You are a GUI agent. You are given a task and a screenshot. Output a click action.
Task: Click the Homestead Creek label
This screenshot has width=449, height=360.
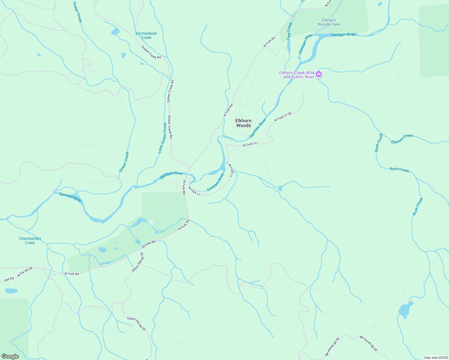(x=146, y=35)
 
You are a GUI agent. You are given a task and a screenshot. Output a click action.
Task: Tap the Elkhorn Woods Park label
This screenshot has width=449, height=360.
(x=329, y=22)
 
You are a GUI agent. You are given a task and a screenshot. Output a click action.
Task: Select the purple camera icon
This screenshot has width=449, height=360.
(x=319, y=74)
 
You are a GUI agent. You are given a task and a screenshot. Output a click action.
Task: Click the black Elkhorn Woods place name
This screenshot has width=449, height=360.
(x=243, y=123)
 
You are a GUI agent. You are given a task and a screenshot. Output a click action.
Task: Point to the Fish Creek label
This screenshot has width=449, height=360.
(x=289, y=31)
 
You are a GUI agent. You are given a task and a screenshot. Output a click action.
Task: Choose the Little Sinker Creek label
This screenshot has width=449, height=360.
(x=162, y=138)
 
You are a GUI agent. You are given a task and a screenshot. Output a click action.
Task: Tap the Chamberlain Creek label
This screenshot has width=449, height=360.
(x=30, y=241)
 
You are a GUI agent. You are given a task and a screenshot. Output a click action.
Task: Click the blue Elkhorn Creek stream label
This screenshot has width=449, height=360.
(x=402, y=139)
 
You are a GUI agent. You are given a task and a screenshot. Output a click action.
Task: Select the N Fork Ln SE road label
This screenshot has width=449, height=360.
(x=283, y=117)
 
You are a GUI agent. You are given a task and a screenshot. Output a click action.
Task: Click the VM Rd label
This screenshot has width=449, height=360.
(x=9, y=279)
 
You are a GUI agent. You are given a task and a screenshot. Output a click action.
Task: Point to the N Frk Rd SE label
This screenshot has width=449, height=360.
(x=25, y=272)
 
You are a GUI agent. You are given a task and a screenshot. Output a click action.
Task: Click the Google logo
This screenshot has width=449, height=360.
(x=10, y=356)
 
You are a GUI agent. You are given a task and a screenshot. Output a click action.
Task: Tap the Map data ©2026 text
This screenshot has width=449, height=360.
(x=435, y=358)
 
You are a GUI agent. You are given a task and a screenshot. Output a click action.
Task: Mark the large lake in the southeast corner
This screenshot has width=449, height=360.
(x=405, y=310)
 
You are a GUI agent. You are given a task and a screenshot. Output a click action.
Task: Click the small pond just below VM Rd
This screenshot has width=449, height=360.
(x=11, y=291)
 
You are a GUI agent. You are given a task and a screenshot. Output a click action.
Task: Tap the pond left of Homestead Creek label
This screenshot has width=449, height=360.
(x=115, y=31)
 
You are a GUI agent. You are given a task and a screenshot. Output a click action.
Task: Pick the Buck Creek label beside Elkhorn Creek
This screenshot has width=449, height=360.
(x=378, y=142)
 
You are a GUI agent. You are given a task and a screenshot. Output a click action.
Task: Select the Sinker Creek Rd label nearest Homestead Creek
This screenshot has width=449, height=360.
(x=151, y=52)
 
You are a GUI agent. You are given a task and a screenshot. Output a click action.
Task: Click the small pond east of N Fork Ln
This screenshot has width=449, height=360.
(x=280, y=188)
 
